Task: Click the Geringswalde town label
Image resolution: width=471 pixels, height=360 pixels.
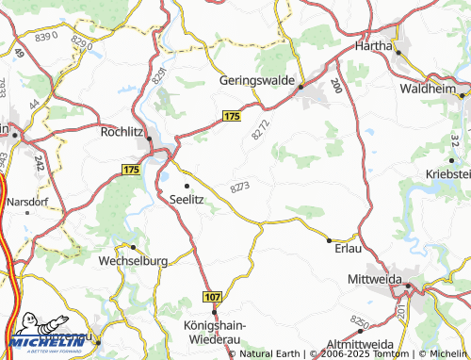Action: [257, 81]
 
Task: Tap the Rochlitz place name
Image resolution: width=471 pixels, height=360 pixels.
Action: [121, 133]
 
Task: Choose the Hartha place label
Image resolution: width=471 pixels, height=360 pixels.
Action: [373, 44]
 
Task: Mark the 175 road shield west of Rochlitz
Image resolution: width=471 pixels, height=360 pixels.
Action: [131, 170]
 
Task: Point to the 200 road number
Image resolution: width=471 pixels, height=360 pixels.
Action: [337, 84]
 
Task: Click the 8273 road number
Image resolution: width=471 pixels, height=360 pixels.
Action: [239, 188]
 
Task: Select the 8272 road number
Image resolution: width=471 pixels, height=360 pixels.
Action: [260, 130]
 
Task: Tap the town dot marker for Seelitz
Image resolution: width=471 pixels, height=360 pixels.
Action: [186, 185]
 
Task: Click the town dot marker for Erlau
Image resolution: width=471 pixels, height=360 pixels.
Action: [328, 238]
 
